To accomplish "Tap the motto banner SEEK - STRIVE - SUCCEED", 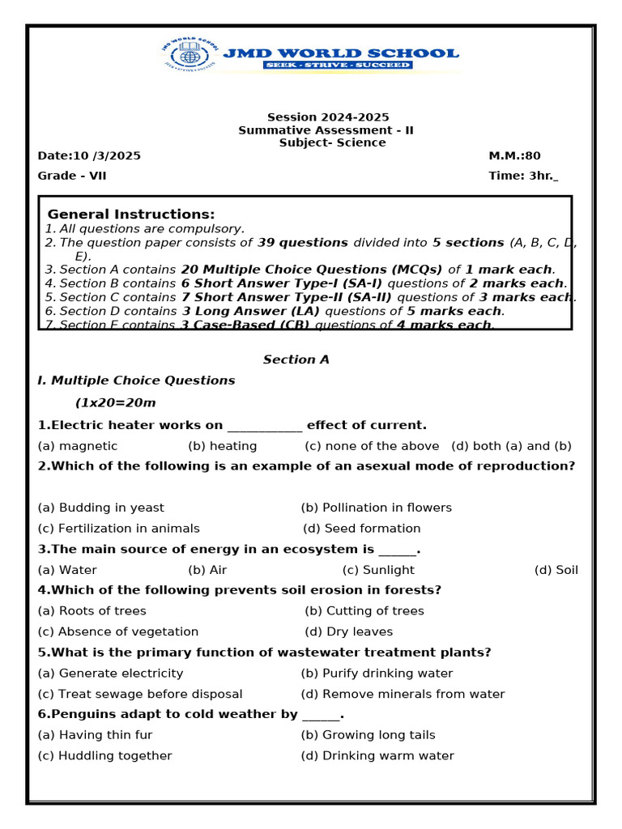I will click(337, 65).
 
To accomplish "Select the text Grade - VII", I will click(72, 176).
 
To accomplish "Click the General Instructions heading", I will click(131, 215).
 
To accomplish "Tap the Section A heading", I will click(296, 359).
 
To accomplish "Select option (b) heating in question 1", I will click(223, 446).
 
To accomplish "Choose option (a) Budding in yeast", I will click(100, 508).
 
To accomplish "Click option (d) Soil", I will click(556, 570).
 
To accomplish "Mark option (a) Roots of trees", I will click(92, 611).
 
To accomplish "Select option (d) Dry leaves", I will click(348, 631).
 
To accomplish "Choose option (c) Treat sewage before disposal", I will click(140, 694).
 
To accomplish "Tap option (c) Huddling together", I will click(104, 755).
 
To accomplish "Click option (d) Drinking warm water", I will click(377, 755).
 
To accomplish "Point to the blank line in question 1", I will click(265, 427).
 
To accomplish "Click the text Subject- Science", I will click(332, 142).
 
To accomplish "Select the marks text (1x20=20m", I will click(116, 403).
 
